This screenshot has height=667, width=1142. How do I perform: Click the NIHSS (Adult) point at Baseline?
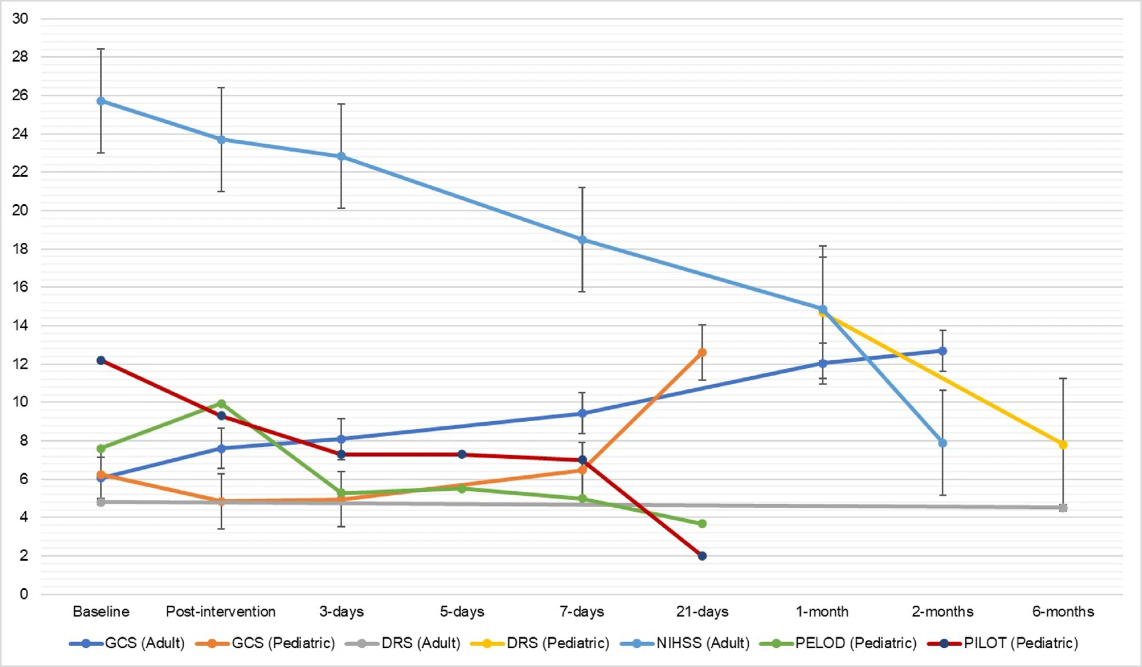tap(101, 101)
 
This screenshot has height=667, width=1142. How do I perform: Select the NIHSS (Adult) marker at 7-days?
tap(582, 240)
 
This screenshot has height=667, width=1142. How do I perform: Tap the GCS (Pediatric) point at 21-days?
tap(702, 353)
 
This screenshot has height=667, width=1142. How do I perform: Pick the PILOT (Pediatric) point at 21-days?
tap(702, 556)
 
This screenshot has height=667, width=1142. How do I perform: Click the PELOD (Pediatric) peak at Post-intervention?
tap(221, 404)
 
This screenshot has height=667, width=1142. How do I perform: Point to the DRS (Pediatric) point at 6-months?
tap(1063, 445)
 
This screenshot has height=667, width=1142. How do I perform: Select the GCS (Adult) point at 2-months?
tap(943, 351)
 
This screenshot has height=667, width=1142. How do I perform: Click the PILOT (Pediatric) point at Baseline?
tap(101, 360)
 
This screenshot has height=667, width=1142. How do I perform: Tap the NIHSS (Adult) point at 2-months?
tap(943, 443)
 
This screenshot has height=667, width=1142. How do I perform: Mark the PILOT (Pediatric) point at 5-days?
tap(462, 455)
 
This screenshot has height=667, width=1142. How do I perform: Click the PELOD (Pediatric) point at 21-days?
tap(702, 524)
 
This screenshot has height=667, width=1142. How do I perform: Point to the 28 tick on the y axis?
tap(20, 57)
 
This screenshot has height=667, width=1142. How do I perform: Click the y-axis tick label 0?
tap(24, 594)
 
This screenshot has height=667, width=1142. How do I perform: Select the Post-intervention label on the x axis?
tap(220, 612)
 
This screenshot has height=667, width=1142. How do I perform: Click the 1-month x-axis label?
tap(822, 612)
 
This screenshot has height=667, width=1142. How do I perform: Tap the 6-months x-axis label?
tap(1062, 612)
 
